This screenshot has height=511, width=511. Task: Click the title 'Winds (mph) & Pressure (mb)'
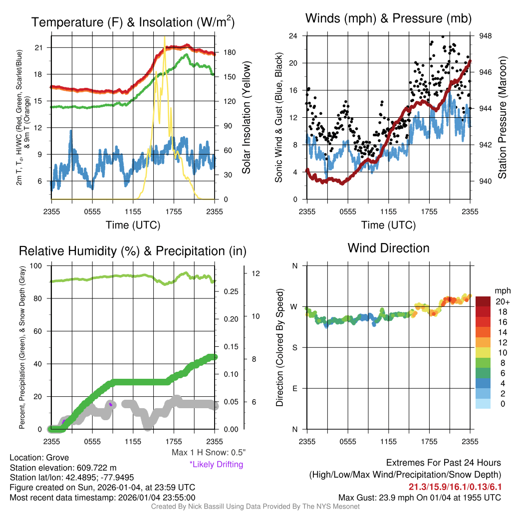tap(388, 19)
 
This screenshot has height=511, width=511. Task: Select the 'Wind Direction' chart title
tap(388, 248)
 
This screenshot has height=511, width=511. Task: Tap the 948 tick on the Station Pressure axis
tap(486, 36)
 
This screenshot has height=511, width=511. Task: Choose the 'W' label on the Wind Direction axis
tap(294, 306)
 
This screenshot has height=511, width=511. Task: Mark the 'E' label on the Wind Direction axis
tap(295, 388)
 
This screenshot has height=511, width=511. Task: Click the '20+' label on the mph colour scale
tap(503, 302)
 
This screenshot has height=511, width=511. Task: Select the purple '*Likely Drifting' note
tap(216, 465)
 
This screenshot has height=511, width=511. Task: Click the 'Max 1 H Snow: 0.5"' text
tap(208, 453)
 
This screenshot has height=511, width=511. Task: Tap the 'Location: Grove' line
tap(39, 458)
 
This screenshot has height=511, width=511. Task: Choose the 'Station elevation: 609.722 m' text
tap(63, 468)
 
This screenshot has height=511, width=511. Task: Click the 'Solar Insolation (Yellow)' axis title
tap(247, 118)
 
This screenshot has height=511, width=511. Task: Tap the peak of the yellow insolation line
tap(164, 36)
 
